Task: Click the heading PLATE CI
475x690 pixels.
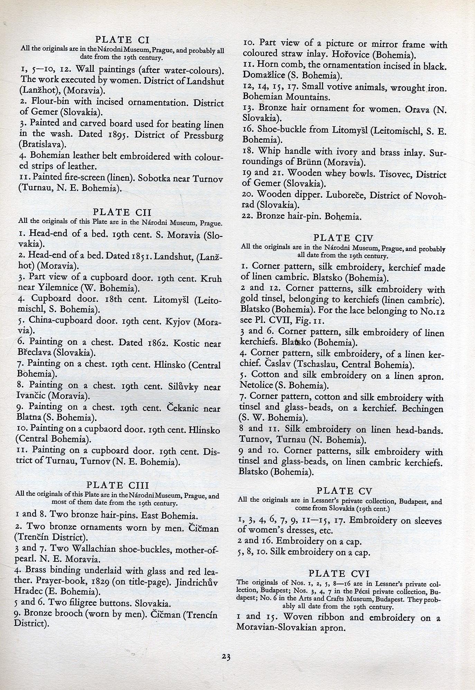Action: (122, 39)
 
